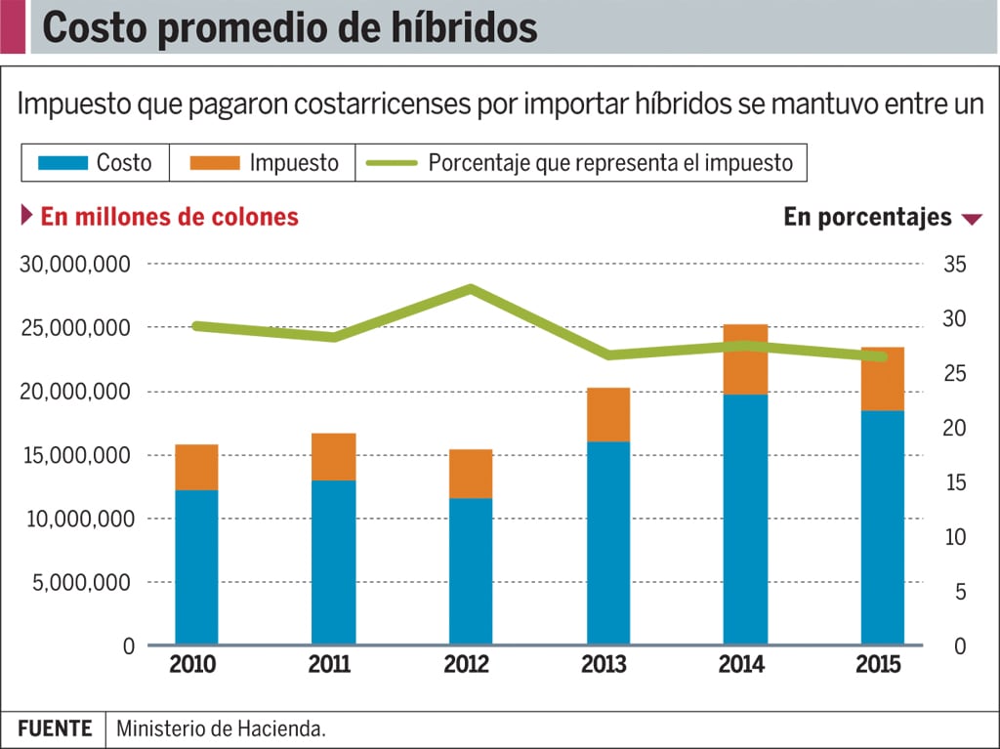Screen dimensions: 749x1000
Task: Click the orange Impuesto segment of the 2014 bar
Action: (x=745, y=358)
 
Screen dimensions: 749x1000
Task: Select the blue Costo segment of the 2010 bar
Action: (x=196, y=566)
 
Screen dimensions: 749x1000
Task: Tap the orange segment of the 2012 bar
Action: (x=471, y=474)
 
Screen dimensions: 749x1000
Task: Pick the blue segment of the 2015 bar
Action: (x=882, y=527)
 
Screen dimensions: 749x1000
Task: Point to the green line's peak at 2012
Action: (x=471, y=289)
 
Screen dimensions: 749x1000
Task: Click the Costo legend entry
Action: (x=95, y=163)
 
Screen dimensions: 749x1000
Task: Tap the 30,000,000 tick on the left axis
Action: (x=76, y=265)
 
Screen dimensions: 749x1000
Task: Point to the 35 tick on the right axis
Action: (x=954, y=265)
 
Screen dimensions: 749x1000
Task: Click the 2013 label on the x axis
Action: (x=604, y=666)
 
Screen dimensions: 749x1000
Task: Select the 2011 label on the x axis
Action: (x=329, y=666)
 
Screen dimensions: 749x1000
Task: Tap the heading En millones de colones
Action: (x=169, y=217)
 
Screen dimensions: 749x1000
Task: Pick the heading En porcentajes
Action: (x=867, y=217)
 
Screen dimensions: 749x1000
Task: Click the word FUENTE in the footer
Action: (x=55, y=728)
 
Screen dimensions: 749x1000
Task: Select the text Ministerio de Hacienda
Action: (x=221, y=728)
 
